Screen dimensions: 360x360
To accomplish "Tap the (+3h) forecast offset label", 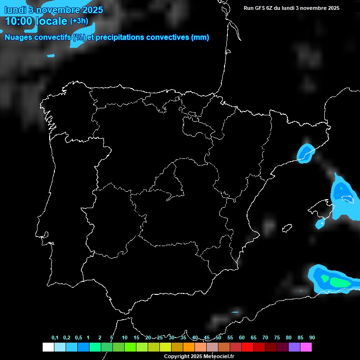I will click(79, 21).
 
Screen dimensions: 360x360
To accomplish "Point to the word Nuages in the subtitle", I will click(18, 37).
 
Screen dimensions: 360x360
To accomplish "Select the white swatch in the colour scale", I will click(48, 347).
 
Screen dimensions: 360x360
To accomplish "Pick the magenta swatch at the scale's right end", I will click(306, 347).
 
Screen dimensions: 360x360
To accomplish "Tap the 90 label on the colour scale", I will click(312, 338).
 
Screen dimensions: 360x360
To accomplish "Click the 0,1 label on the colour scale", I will click(55, 338).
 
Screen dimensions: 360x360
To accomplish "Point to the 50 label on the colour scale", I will click(218, 338).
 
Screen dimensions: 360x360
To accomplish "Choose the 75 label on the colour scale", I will click(277, 338).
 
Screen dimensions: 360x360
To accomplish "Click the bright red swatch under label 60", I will click(247, 347).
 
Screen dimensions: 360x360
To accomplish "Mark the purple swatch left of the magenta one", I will click(294, 347).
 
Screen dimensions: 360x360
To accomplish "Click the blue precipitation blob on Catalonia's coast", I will click(305, 153).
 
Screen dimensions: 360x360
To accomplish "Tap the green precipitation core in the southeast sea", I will click(338, 282).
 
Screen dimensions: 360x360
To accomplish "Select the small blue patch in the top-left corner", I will click(51, 55).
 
